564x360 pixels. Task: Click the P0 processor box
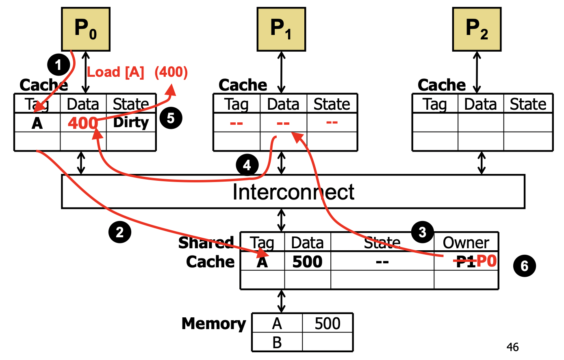86,29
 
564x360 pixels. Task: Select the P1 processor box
281,29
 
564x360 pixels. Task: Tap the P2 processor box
477,29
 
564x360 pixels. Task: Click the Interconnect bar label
293,192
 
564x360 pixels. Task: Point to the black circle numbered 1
59,65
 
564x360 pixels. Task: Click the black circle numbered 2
119,232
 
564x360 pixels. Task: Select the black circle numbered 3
422,232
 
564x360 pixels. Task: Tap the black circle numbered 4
247,165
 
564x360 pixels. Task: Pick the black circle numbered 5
171,118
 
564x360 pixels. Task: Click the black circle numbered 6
525,266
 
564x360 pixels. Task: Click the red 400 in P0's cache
82,123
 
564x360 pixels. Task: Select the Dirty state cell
131,122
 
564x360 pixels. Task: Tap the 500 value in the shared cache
307,262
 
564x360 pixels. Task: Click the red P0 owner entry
487,261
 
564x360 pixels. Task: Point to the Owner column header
466,243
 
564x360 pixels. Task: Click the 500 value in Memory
328,323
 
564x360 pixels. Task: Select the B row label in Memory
277,343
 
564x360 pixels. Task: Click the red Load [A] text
115,72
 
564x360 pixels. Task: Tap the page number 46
512,347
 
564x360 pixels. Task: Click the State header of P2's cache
528,104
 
